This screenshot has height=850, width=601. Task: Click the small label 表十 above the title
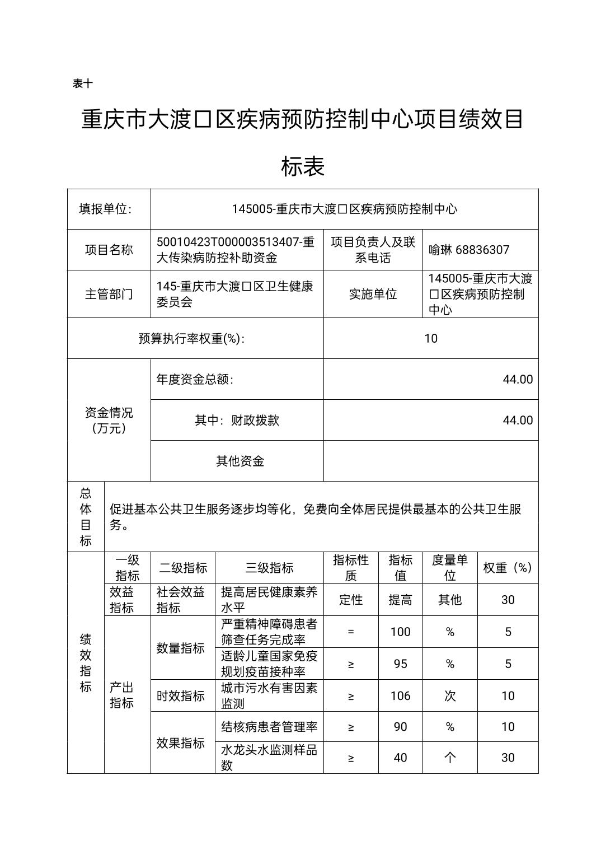pos(83,83)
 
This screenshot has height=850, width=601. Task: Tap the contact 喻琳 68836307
pos(469,250)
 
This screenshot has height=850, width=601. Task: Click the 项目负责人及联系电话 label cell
pos(373,250)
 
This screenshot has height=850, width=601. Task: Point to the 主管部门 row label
pos(109,294)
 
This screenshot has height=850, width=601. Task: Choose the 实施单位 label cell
pos(373,294)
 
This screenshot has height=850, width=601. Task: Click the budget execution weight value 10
pos(430,338)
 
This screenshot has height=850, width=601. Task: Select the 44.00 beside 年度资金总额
pos(518,379)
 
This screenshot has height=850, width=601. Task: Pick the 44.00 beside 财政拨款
pos(518,420)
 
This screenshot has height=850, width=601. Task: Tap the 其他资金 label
pos(240,461)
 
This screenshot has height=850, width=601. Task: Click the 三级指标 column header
pos(269,568)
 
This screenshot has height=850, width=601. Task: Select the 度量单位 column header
pos(449,568)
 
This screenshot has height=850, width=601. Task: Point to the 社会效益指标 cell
pos(181,600)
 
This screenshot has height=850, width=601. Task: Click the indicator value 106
pos(400,695)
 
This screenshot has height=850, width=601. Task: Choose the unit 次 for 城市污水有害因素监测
pos(449,695)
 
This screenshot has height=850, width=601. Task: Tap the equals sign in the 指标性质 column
pos(351,632)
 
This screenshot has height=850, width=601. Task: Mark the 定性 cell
pos(351,600)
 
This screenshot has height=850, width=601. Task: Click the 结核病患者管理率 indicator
pos(269,727)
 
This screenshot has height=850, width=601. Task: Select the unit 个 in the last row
pos(449,758)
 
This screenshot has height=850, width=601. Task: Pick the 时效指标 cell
pos(181,695)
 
